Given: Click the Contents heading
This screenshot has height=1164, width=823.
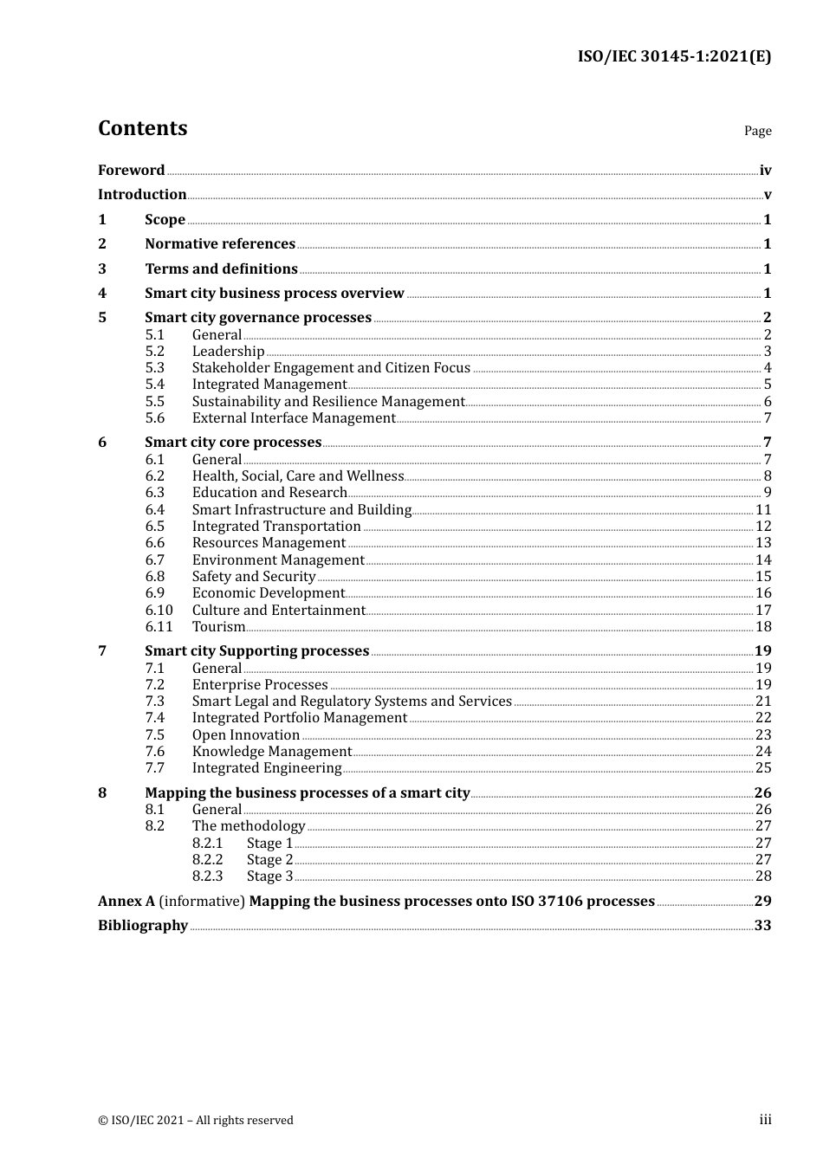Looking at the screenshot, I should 142,128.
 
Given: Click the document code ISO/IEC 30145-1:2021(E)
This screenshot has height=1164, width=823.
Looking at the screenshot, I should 674,56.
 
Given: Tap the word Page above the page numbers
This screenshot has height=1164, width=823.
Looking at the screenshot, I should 757,131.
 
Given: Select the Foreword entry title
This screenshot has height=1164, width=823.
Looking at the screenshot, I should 131,171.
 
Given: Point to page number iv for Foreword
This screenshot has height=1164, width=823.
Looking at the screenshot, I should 765,171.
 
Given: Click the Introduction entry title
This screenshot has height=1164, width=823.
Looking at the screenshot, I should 142,195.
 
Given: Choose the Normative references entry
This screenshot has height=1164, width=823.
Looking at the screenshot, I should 220,244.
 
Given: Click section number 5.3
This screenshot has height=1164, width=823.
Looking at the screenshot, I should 154,368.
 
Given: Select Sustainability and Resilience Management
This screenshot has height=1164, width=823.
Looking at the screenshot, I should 328,402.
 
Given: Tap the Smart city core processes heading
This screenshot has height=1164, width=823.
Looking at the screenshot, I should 233,443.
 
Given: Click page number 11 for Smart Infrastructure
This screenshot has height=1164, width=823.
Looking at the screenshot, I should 763,510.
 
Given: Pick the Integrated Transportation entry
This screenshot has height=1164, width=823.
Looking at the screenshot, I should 276,527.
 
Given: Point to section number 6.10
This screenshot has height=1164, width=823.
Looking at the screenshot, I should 159,611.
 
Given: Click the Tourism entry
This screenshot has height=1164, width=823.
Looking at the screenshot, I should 218,627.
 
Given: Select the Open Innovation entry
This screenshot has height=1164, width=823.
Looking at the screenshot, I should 246,735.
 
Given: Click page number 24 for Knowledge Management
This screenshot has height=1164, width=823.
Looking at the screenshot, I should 763,752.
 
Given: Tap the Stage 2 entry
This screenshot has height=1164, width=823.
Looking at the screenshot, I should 269,860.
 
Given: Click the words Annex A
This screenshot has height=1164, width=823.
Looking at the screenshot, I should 126,902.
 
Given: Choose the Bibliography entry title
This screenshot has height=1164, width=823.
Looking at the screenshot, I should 143,926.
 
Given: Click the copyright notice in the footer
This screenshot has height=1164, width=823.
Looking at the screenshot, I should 196,1121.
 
